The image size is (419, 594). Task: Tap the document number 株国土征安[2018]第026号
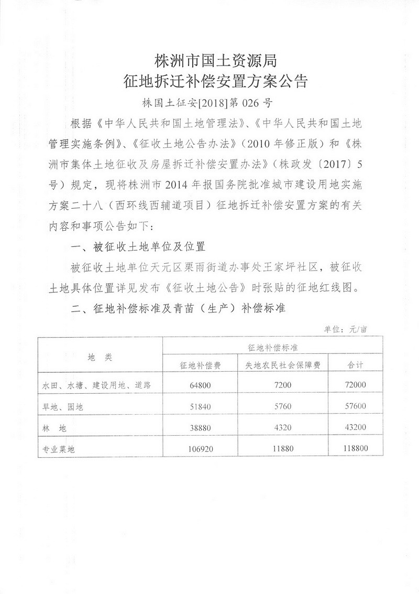[x=209, y=102]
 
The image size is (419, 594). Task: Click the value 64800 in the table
[x=201, y=385]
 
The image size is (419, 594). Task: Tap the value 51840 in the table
[x=201, y=406]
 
